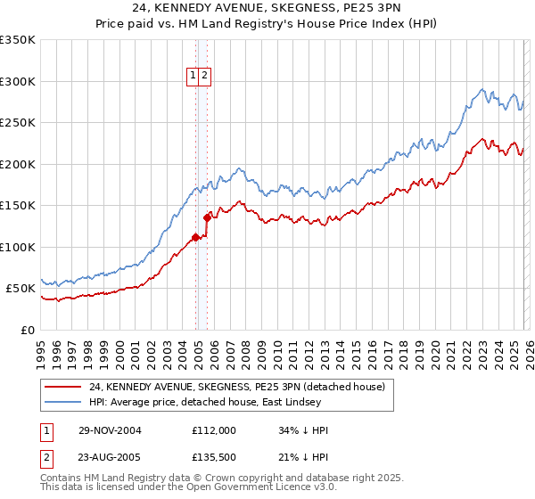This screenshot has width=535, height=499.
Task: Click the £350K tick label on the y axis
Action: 18,40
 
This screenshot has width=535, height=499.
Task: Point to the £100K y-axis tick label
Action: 18,247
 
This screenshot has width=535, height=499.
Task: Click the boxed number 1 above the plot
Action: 193,77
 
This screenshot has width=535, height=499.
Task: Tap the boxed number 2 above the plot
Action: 205,77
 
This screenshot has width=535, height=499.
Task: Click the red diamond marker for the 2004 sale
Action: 196,237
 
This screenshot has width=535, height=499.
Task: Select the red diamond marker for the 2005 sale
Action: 208,217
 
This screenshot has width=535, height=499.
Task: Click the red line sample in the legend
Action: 62,387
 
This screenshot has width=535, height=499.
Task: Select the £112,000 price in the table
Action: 214,430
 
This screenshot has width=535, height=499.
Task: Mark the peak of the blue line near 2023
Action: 482,89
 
